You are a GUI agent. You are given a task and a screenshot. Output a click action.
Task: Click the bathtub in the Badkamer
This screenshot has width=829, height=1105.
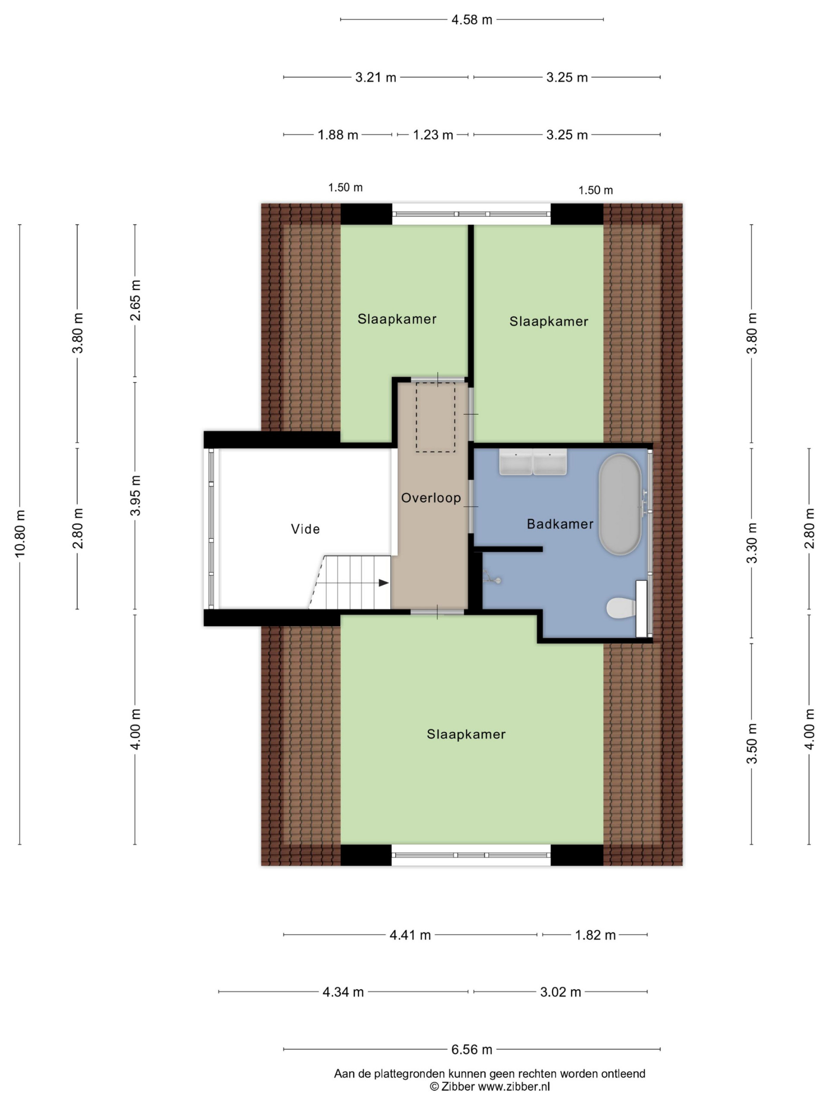pos(620,504)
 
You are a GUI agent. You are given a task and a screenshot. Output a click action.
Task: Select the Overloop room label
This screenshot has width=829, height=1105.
pos(431,498)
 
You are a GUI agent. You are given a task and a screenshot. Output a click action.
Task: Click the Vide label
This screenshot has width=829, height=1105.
pos(305,529)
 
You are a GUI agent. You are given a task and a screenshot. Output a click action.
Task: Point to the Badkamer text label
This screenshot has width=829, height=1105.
pos(560,524)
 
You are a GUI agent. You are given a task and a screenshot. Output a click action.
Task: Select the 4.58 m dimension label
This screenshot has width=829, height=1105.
pos(472,20)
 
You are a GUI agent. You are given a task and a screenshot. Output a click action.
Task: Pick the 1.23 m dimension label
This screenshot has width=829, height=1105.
pos(433,135)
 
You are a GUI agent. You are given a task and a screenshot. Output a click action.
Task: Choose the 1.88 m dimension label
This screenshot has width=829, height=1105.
pos(338,135)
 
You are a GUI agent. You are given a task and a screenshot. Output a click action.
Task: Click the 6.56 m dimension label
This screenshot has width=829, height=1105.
pos(472,1050)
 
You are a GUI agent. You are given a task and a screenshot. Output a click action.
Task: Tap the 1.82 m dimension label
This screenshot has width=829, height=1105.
pos(595,935)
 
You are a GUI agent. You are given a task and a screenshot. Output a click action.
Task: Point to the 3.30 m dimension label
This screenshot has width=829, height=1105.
pos(752,543)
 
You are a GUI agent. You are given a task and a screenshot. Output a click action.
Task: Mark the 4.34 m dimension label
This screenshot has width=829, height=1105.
pos(343,992)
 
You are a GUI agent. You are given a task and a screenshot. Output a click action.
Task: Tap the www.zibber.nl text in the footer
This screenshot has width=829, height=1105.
pos(514,1086)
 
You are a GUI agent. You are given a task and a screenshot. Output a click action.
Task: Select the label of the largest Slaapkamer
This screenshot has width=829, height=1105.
pos(466,734)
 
